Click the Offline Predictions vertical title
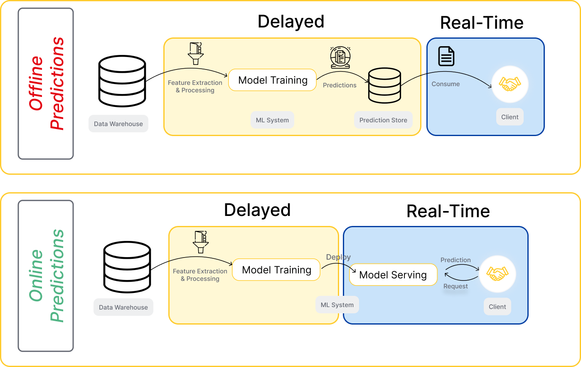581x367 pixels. [46, 83]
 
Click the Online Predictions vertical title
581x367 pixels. [46, 275]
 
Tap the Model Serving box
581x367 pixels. [393, 275]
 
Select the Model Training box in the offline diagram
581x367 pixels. [273, 80]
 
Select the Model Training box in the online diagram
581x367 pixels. [276, 270]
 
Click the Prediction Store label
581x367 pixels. [383, 120]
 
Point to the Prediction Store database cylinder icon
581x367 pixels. [384, 86]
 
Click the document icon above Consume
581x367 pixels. [446, 56]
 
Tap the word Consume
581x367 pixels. [446, 84]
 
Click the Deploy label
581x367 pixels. [338, 257]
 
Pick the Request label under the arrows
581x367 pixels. [455, 286]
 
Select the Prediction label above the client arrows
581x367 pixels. [455, 260]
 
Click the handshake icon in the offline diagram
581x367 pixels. [510, 84]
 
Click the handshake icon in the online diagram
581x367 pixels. [497, 274]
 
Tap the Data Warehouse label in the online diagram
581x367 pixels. [123, 307]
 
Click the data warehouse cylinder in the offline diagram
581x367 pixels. [122, 81]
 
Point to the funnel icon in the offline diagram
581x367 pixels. [195, 53]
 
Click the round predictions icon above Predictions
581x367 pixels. [340, 57]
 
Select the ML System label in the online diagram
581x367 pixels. [337, 305]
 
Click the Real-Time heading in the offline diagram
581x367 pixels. [482, 23]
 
